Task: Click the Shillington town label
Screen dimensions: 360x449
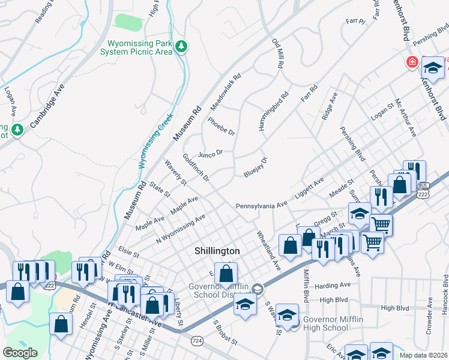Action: point(217,251)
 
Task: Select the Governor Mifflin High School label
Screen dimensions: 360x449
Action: point(333,324)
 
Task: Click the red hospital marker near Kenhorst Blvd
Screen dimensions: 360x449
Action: point(412,62)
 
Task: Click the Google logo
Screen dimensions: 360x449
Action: point(20,353)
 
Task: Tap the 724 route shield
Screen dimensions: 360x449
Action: point(196,340)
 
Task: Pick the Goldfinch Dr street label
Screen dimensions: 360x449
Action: point(196,167)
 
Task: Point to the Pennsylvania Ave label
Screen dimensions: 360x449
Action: point(261,205)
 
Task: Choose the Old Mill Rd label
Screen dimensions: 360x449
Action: point(277,53)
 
